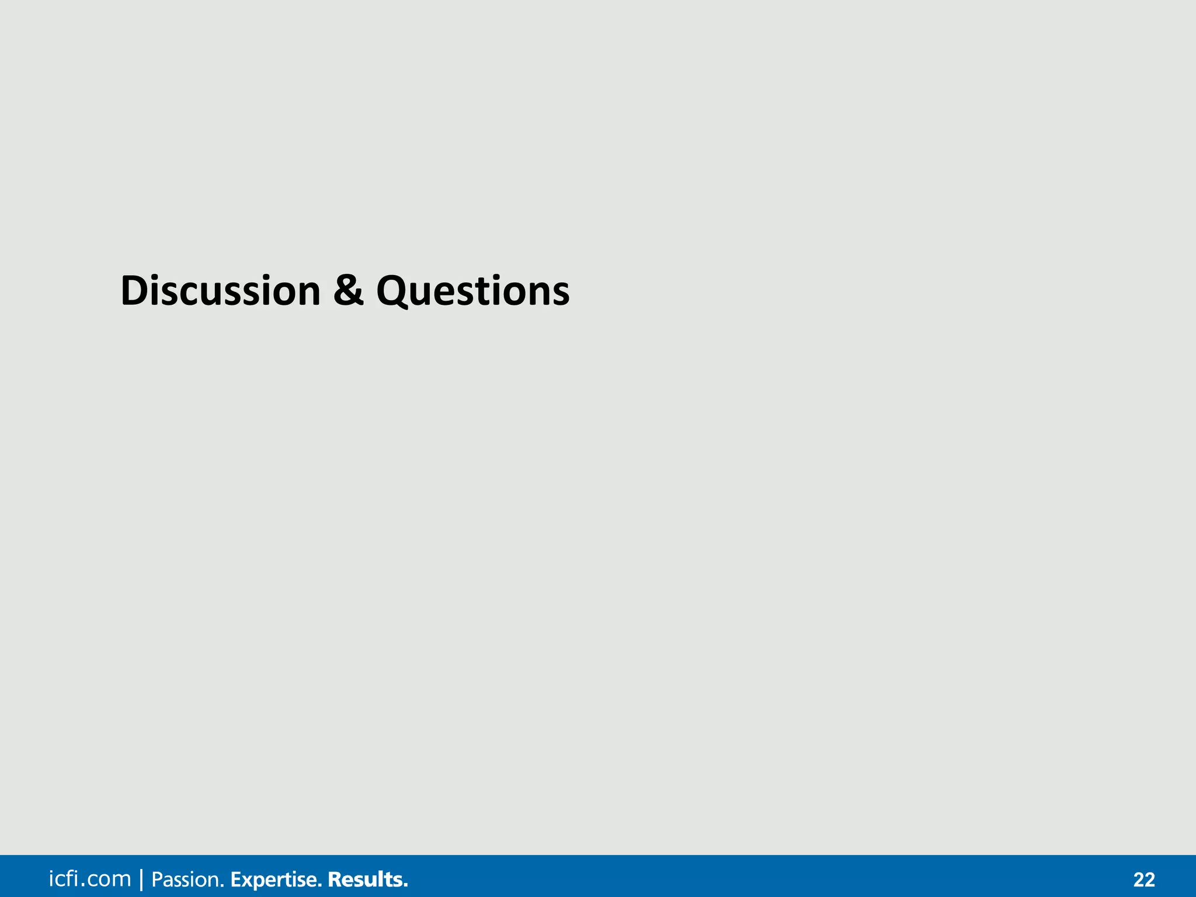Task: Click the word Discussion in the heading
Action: [220, 291]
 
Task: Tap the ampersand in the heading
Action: [349, 291]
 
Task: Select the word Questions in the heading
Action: [472, 291]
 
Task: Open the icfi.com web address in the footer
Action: [90, 879]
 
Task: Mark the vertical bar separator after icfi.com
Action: [141, 879]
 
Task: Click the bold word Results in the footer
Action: [366, 879]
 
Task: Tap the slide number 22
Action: [1144, 879]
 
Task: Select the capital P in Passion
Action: [157, 879]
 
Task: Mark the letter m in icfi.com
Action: [121, 881]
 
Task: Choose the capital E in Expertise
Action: [236, 879]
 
